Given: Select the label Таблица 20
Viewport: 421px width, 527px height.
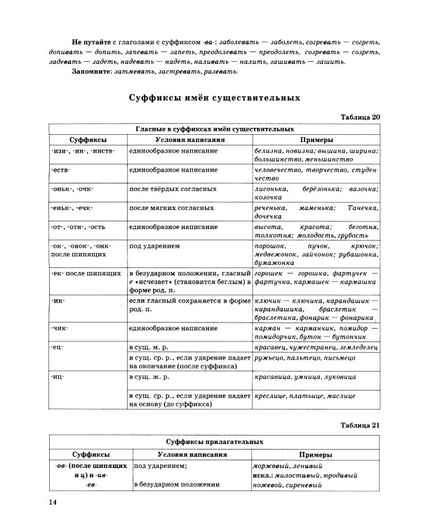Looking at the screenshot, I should click(x=360, y=117).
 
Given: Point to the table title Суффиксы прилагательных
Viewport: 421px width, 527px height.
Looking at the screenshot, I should click(x=215, y=441).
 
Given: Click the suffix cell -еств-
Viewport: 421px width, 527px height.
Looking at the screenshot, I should click(x=63, y=169).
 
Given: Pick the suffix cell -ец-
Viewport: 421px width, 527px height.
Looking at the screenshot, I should click(x=58, y=347).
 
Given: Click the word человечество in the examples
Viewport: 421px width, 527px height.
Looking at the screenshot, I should click(x=279, y=169).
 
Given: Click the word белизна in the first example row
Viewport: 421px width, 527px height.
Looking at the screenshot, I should click(x=271, y=150).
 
